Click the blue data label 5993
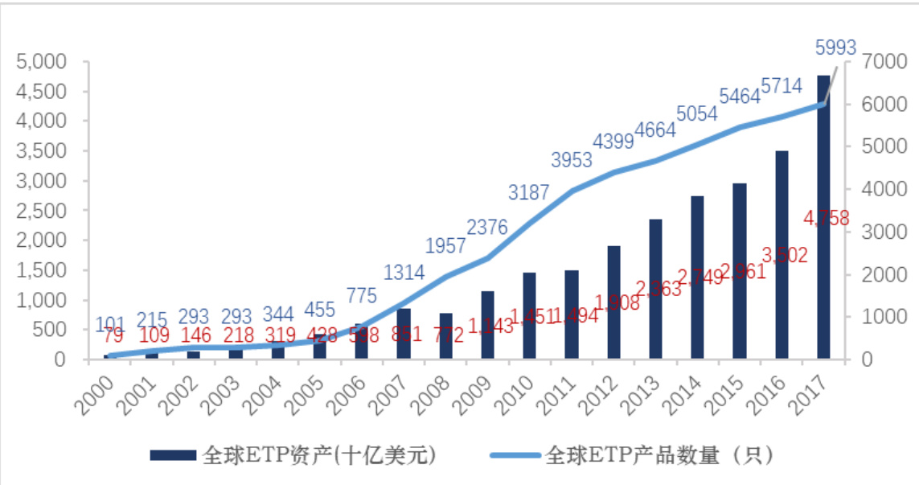[x=835, y=47]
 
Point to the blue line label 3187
[x=528, y=192]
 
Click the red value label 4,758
[x=826, y=218]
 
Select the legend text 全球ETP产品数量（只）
[x=658, y=456]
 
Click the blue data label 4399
[x=613, y=142]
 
